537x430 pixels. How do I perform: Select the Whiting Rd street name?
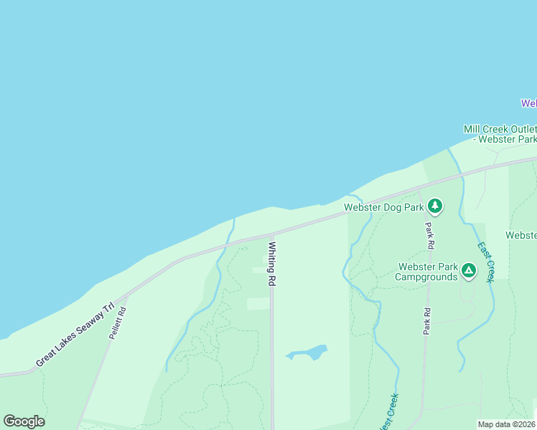click(x=272, y=264)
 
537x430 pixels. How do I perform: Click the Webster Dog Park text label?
click(x=384, y=208)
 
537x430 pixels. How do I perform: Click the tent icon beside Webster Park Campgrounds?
click(x=468, y=271)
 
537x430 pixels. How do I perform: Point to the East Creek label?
click(x=486, y=262)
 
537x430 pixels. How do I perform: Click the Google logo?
click(x=24, y=421)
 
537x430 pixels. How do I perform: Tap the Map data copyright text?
click(x=507, y=424)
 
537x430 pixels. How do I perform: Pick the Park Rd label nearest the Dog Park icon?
click(x=429, y=235)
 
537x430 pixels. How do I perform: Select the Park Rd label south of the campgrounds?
click(x=426, y=321)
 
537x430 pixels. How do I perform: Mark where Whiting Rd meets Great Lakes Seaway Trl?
click(x=271, y=234)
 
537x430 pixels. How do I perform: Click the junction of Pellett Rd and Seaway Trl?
click(x=126, y=295)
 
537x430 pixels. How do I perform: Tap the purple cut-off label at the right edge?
click(x=529, y=103)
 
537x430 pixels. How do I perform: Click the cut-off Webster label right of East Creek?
click(x=521, y=235)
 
